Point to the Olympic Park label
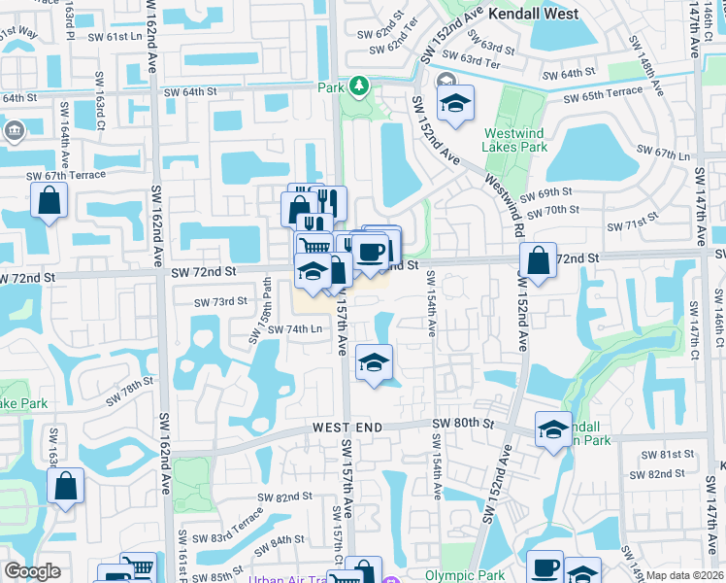coord(471,575)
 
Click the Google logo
coord(32,571)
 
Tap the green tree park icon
coord(359,86)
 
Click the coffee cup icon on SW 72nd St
coord(371,252)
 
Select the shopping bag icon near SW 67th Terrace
coord(49,202)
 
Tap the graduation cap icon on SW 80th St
coord(553,429)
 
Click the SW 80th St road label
coord(464,423)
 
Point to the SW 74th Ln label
coord(294,329)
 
